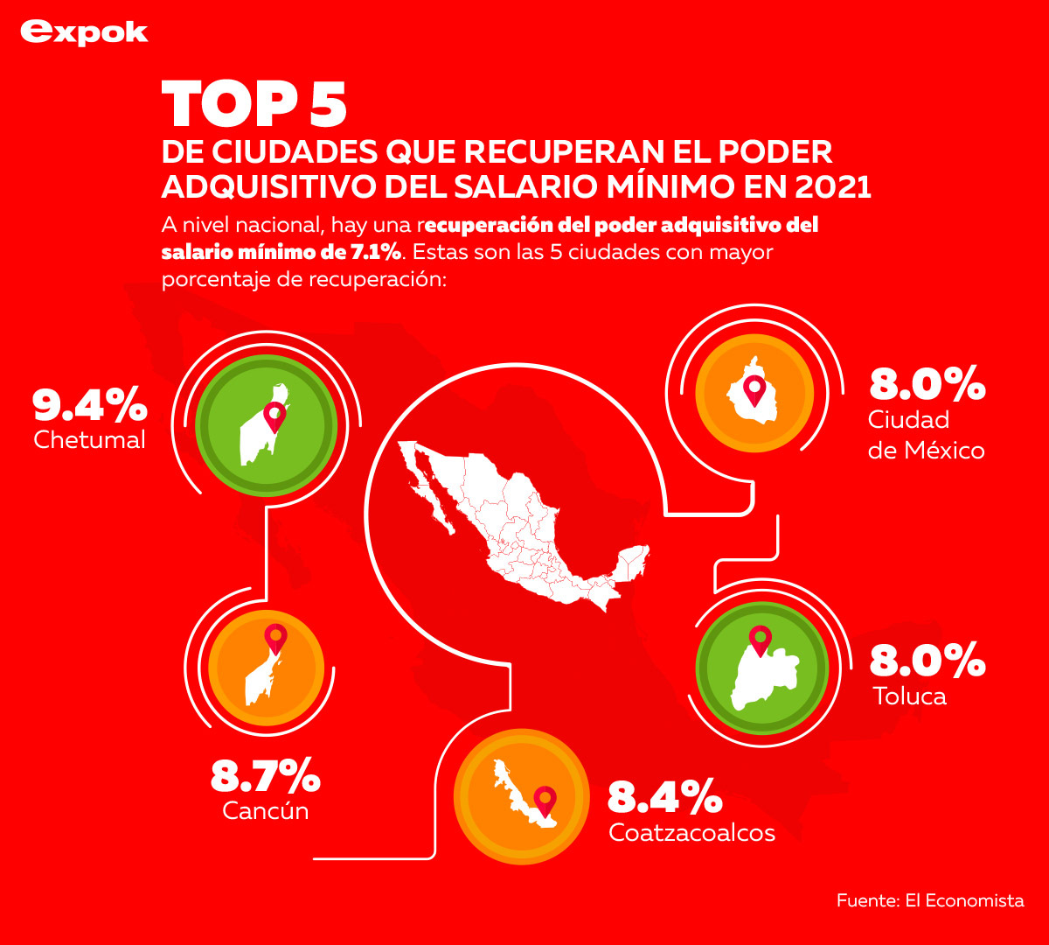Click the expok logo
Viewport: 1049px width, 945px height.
coord(84,32)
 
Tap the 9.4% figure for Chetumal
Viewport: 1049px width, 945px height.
coord(89,404)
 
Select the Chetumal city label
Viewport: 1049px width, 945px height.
coord(89,439)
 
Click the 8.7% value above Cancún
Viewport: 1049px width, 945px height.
coord(266,776)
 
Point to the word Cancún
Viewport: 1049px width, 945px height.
coord(266,810)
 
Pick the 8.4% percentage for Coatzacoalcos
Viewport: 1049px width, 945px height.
coord(664,797)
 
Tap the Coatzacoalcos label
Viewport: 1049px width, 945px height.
coord(691,832)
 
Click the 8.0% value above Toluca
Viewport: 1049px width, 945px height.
coord(927,661)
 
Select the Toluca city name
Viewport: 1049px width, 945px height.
coord(909,696)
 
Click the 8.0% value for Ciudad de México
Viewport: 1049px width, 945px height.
coord(927,384)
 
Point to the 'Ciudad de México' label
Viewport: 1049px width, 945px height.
coord(926,435)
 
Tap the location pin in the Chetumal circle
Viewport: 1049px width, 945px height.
coord(275,417)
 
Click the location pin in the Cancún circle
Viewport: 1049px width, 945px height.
coord(276,640)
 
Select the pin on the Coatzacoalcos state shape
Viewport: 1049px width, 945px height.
coord(545,801)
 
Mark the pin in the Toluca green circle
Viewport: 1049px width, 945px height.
coord(761,640)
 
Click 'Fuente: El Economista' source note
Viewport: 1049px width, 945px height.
coord(929,900)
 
